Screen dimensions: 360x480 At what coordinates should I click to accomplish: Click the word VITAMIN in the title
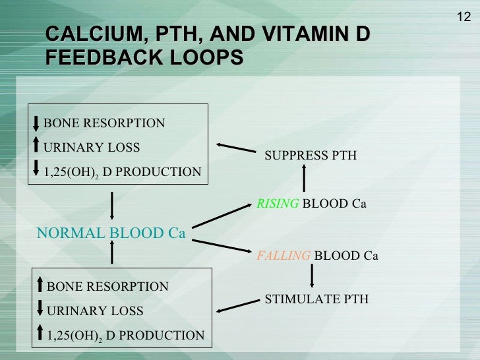coord(300,34)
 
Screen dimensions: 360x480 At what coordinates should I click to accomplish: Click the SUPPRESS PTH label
coord(310,156)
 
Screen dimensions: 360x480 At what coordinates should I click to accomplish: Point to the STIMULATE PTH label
coord(316,299)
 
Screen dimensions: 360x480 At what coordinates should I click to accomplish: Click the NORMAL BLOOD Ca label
coord(111,233)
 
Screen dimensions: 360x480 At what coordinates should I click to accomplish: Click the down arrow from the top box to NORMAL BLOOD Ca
coord(113,204)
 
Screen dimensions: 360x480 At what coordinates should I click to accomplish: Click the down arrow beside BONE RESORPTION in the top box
coord(37,123)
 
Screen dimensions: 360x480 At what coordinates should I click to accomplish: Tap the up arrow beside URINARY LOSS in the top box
coord(37,146)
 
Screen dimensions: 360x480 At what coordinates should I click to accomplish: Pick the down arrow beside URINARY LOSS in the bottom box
coord(40,309)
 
